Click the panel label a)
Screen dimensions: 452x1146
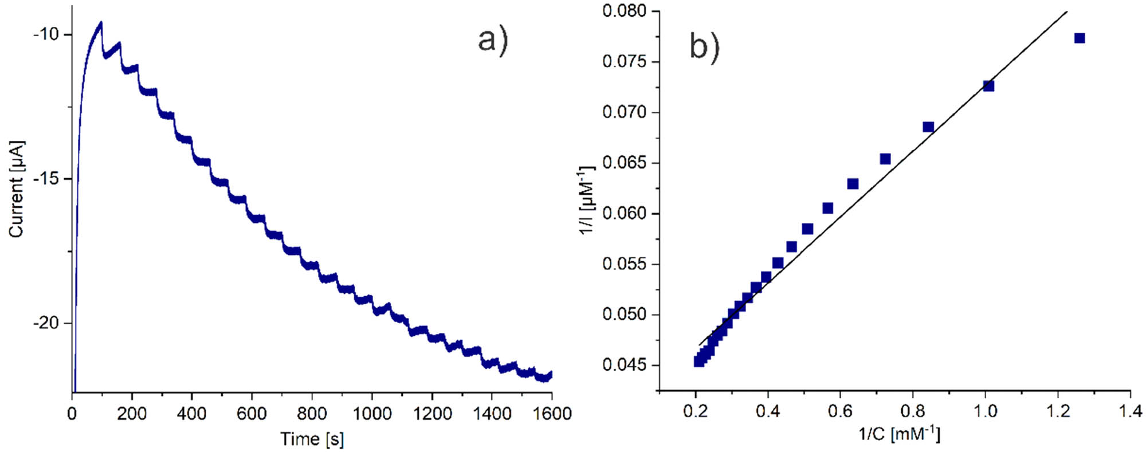tap(493, 41)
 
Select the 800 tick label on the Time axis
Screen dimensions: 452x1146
tap(312, 413)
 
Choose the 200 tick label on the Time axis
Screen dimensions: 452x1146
tap(132, 413)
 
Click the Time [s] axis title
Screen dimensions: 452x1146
tap(312, 439)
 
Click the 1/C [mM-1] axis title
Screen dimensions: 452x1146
tap(899, 434)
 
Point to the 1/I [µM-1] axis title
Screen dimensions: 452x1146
tap(587, 200)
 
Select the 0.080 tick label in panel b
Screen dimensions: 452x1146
tap(624, 11)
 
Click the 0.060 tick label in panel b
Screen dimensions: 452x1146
tap(624, 214)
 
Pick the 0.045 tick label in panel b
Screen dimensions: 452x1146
tap(624, 365)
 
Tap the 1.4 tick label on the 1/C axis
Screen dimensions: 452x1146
tap(1129, 411)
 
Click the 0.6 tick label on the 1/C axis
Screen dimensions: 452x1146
tap(840, 411)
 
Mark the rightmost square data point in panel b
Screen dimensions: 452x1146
tap(1080, 38)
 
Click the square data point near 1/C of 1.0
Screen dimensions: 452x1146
tap(988, 86)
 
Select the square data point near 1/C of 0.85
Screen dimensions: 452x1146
tap(928, 127)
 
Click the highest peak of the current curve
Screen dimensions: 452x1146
tap(101, 22)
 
